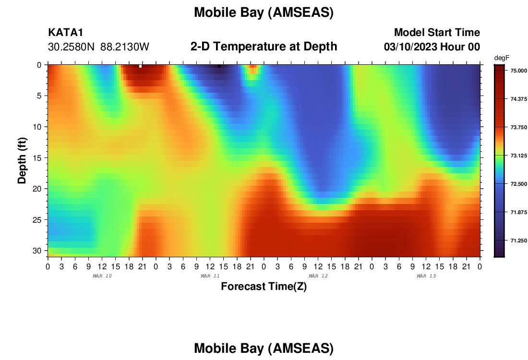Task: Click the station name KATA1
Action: coord(65,32)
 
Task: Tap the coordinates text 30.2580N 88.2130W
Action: coord(98,47)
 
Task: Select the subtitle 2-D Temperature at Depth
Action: coord(264,47)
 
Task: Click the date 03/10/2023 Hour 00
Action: coord(432,47)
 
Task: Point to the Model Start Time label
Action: coord(437,32)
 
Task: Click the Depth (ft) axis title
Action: coord(22,161)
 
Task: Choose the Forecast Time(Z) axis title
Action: coord(264,286)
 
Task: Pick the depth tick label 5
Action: coord(39,96)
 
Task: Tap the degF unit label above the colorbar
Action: coord(502,58)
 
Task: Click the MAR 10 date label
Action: coord(102,276)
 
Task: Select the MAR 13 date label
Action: coord(426,276)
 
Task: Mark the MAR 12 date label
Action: coord(318,276)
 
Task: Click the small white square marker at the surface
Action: coord(141,66)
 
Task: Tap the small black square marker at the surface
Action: coord(219,66)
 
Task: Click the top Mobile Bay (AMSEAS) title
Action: coord(264,12)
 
